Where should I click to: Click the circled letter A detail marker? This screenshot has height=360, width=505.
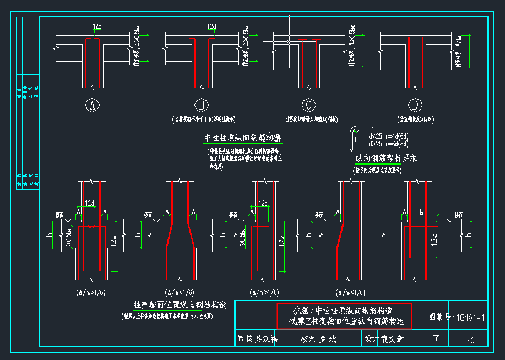coord(94,105)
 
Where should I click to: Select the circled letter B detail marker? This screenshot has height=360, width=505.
coord(202,105)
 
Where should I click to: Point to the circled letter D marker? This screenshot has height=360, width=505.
coord(414,105)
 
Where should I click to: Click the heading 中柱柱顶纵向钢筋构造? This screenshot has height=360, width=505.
coord(242,138)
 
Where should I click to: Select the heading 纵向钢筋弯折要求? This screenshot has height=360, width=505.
coord(385,159)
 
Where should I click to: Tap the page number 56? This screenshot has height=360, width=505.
coord(469,340)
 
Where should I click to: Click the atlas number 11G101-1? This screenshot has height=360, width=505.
coord(469,318)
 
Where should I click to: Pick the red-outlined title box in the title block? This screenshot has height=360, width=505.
coord(344,316)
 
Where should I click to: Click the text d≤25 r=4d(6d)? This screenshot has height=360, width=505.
coord(388,136)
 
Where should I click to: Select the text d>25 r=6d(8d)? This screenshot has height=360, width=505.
coord(388,144)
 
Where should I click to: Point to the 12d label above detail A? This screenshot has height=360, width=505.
coord(97,26)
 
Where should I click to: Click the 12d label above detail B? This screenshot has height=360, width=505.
coord(211,26)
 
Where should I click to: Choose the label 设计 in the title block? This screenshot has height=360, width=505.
coord(372,339)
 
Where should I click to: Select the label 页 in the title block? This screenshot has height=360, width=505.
coord(436,339)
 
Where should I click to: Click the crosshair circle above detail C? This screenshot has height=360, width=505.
coord(289,41)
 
